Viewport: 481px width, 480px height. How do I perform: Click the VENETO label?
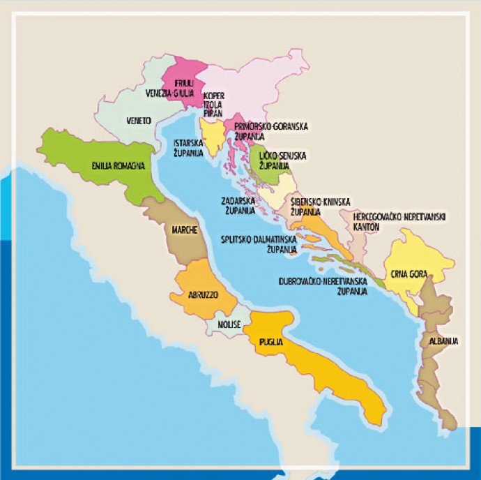[x=139, y=121]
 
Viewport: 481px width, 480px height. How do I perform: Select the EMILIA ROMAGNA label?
[x=118, y=165]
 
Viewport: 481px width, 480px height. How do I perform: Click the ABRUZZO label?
[x=203, y=295]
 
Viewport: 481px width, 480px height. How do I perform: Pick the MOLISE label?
[x=228, y=325]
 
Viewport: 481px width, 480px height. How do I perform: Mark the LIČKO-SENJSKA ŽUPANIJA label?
[x=282, y=160]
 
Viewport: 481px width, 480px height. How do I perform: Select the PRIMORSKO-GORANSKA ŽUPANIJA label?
[x=270, y=130]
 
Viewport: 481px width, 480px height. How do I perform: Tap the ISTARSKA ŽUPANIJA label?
[x=188, y=147]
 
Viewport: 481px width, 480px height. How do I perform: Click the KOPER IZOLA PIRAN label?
[x=213, y=103]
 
